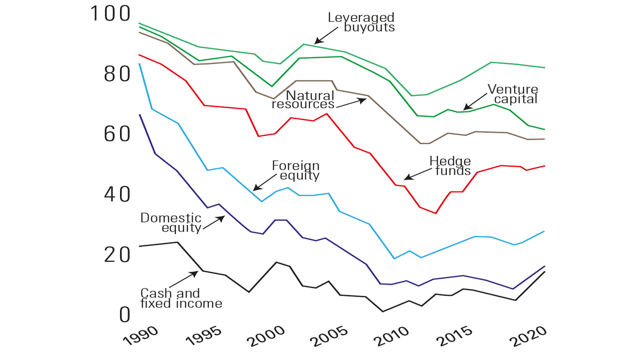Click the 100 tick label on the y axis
click(x=110, y=14)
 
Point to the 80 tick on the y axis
click(x=117, y=74)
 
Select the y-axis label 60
click(x=117, y=134)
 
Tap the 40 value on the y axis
click(x=117, y=194)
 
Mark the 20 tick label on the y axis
click(x=117, y=254)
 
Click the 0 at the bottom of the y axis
click(x=124, y=315)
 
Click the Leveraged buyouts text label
click(x=362, y=22)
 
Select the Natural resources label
click(x=304, y=100)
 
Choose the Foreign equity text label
click(x=295, y=170)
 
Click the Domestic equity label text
click(x=171, y=223)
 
